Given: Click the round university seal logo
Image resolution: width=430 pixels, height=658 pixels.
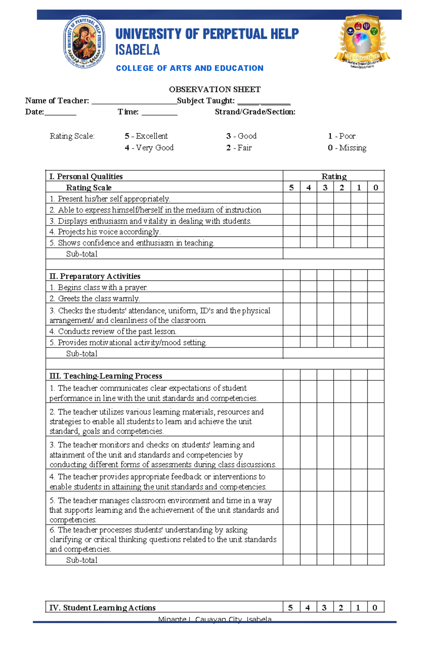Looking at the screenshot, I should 84,42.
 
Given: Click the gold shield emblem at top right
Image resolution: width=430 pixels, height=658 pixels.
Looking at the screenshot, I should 362,41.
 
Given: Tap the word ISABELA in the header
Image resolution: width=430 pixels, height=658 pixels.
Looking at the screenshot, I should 138,50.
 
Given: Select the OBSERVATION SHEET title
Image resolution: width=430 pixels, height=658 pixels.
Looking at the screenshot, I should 215,89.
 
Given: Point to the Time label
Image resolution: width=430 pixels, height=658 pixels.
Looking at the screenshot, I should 128,112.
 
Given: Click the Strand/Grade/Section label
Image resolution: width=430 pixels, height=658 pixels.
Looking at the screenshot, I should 255,112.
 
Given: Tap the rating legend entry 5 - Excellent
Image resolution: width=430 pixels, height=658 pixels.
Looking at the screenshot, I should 146,136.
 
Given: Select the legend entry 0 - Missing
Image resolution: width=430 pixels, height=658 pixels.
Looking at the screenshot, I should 347,148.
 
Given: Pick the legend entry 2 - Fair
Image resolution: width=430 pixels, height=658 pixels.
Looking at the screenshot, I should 239,148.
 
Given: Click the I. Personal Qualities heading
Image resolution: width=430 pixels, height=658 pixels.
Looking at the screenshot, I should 86,176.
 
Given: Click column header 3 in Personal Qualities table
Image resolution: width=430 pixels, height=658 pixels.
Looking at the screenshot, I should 325,188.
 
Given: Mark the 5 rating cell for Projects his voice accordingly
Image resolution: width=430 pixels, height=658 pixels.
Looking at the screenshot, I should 291,232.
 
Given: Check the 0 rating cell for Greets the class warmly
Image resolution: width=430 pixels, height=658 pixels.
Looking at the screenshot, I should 376,298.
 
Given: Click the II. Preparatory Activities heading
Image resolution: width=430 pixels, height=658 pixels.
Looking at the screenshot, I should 95,276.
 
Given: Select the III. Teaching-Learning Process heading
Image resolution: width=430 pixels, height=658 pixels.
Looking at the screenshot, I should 106,376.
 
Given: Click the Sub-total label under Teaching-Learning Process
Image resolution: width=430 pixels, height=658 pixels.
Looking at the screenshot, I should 82,560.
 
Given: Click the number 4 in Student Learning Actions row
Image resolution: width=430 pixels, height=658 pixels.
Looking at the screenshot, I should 307,607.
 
